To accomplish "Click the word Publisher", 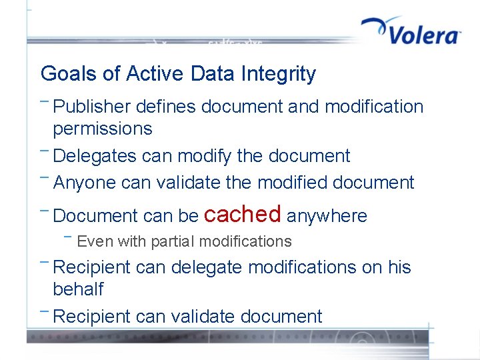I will pyautogui.click(x=93, y=107).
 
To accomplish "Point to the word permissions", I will pyautogui.click(x=102, y=129).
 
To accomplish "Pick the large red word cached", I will pyautogui.click(x=242, y=214).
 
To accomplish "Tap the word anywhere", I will pyautogui.click(x=327, y=216).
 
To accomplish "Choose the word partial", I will pyautogui.click(x=173, y=241).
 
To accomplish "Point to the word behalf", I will pyautogui.click(x=78, y=289).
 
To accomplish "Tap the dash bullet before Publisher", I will pyautogui.click(x=44, y=102).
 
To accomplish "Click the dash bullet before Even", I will pyautogui.click(x=68, y=237).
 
